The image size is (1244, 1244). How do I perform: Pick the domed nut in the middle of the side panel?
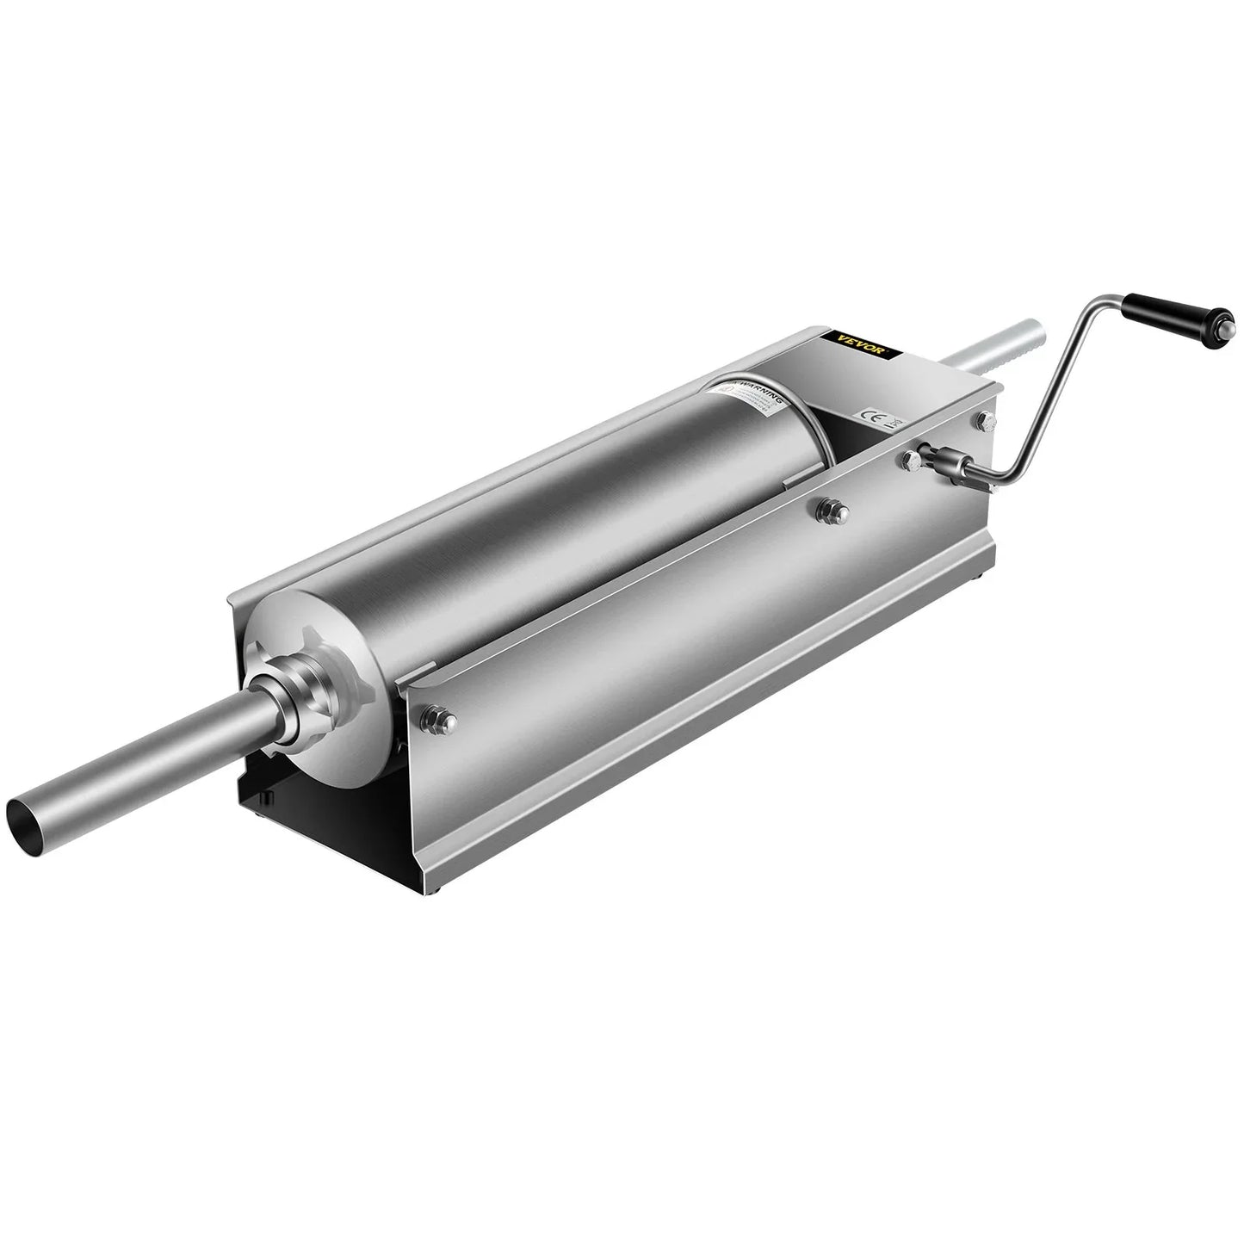point(833,511)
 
